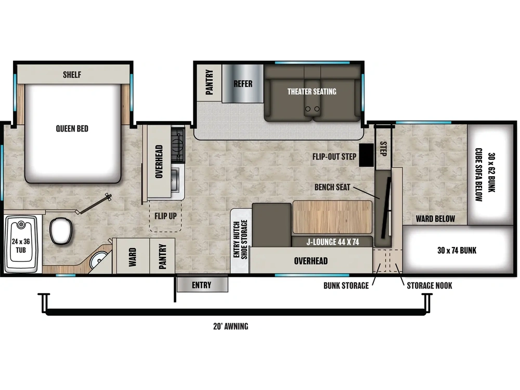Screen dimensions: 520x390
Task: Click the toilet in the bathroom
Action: coord(61,231)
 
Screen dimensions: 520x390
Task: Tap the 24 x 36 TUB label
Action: coord(21,246)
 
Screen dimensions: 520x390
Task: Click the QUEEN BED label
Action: coord(72,128)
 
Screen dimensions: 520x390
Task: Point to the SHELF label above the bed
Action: coord(72,74)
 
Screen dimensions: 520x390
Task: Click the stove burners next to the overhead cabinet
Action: coord(178,145)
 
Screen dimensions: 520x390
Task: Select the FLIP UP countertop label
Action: coord(165,216)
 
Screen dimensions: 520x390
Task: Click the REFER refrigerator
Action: coord(243,84)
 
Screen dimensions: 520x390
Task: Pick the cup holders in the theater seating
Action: coord(313,109)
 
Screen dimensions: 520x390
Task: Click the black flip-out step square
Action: coord(367,155)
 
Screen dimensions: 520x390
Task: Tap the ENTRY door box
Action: coord(202,285)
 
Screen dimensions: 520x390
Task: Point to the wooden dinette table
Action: coord(332,217)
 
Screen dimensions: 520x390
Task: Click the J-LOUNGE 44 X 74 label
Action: coord(333,242)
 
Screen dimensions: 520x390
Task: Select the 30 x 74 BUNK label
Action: coord(457,251)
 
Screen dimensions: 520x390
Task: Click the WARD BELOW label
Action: coord(435,219)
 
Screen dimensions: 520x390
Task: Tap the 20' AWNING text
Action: coord(230,327)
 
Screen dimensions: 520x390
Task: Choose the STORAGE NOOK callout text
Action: coord(430,285)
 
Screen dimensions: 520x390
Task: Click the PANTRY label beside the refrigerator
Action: coord(209,82)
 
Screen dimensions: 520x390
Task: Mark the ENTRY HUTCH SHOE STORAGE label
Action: coord(240,239)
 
